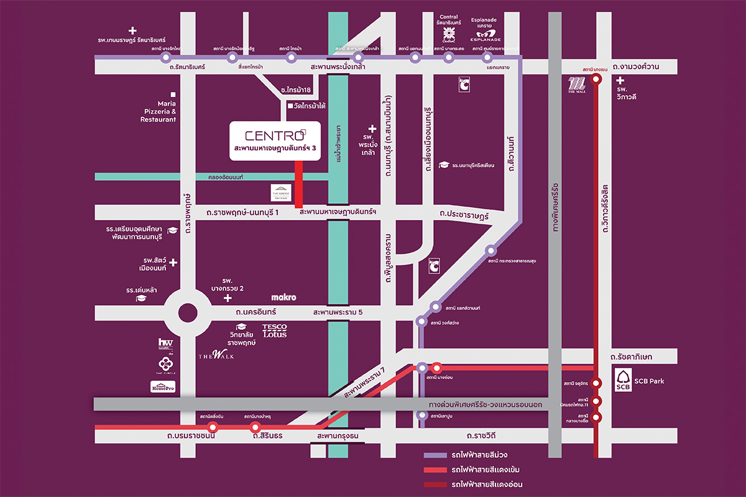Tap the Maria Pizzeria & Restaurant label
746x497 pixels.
[x=159, y=111]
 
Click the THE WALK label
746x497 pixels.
[x=216, y=355]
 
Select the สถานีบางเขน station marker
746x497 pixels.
[x=596, y=79]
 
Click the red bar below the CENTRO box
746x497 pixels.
[x=298, y=185]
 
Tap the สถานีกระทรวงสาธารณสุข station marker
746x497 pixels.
[x=491, y=251]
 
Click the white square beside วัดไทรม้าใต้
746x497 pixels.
[x=289, y=106]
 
